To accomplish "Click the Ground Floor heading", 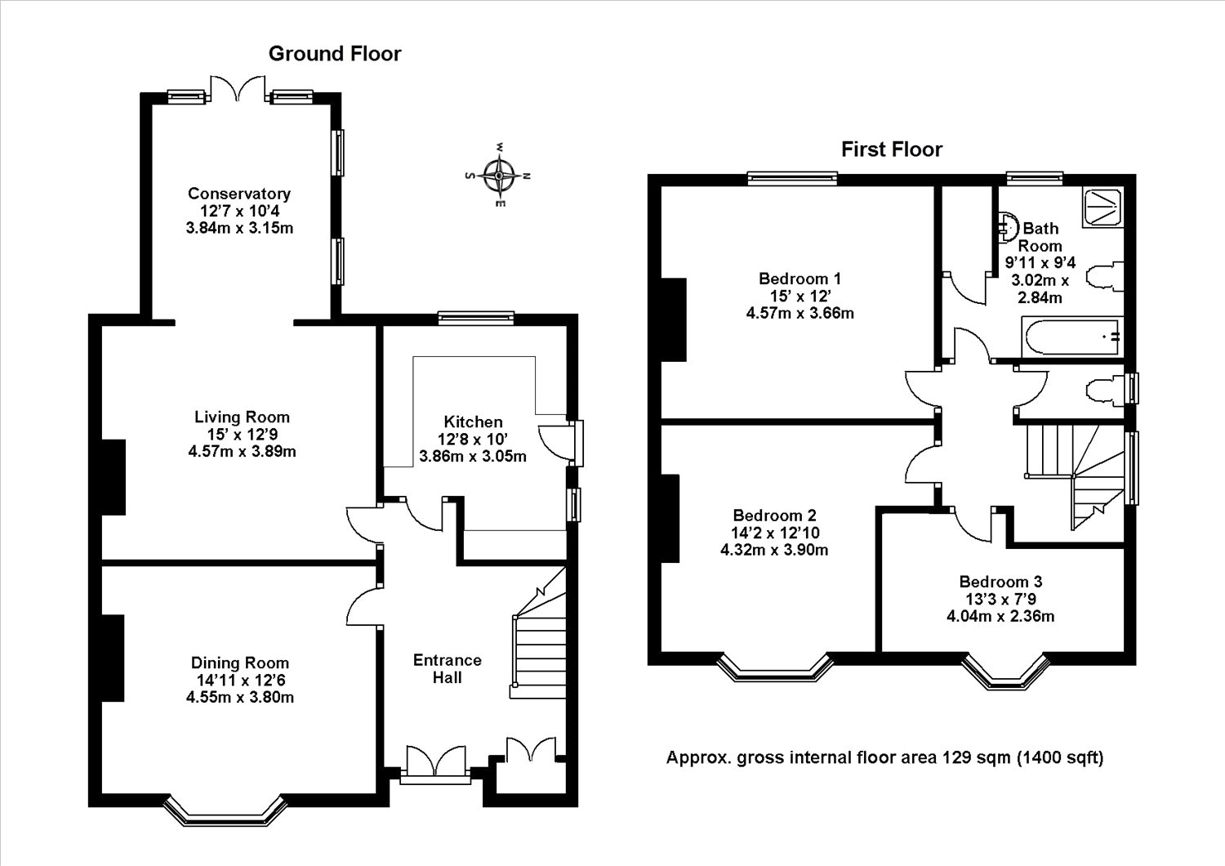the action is (x=335, y=54).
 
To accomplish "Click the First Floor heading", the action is (x=892, y=150).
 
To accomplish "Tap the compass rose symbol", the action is (x=498, y=176).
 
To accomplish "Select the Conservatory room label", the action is (x=239, y=193).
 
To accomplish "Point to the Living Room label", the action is (x=242, y=417).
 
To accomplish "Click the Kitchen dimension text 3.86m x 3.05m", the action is (x=473, y=456).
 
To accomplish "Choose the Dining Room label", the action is (x=239, y=663).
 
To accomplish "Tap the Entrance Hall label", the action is (x=447, y=668).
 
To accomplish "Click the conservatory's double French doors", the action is (x=238, y=88).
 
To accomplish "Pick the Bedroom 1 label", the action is (x=800, y=279).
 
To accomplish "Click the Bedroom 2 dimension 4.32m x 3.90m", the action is (x=774, y=550).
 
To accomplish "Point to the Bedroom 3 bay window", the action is (x=1005, y=671).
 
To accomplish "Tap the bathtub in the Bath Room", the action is (x=1071, y=337).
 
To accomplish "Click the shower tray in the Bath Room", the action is (x=1102, y=208).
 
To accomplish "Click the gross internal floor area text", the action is (x=884, y=757).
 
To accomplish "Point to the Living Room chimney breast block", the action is (x=114, y=477).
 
